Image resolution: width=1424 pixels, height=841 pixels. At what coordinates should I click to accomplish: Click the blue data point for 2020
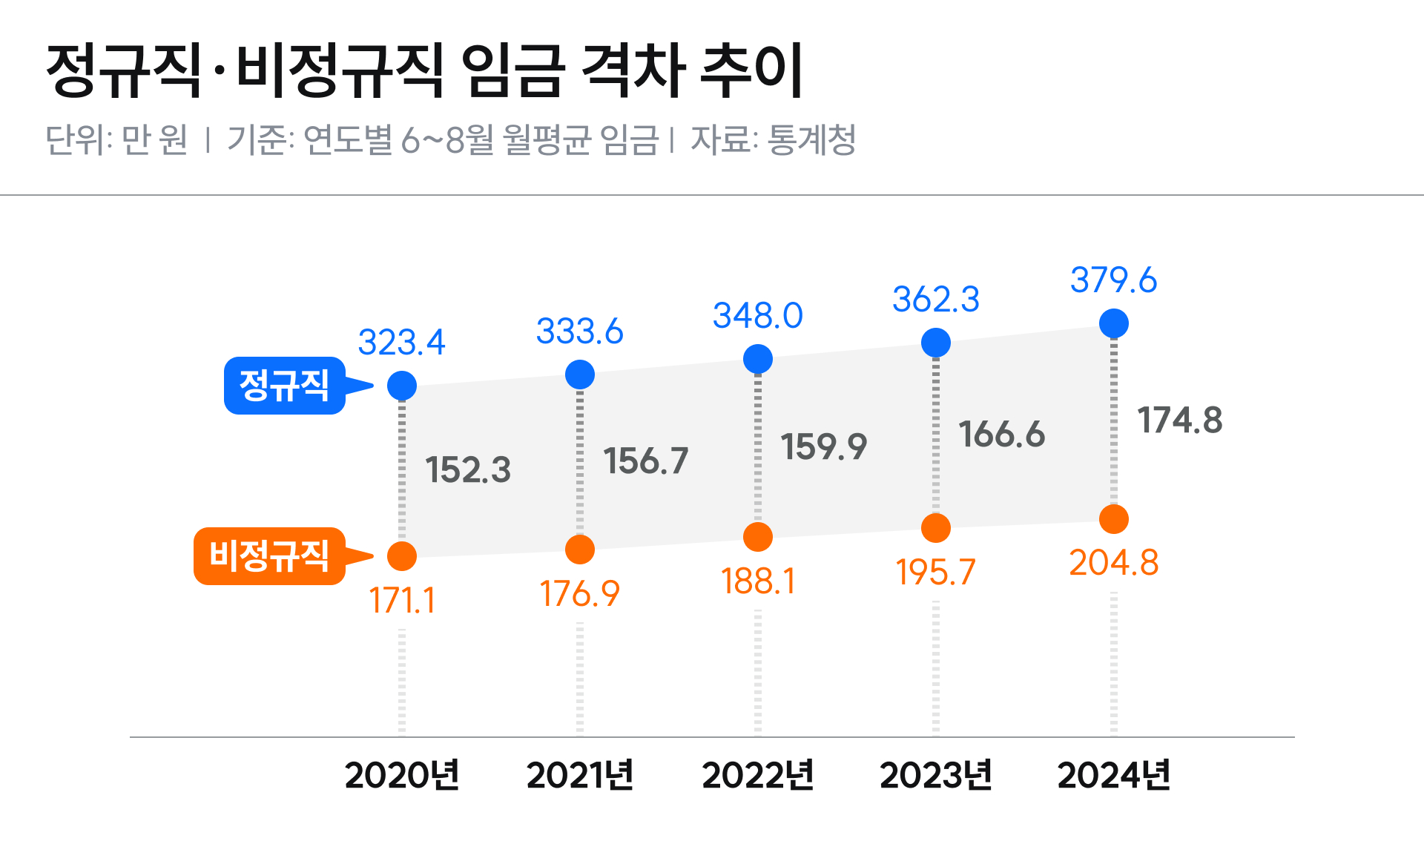pyautogui.click(x=402, y=386)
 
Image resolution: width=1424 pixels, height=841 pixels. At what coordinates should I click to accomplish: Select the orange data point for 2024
pyautogui.click(x=1114, y=519)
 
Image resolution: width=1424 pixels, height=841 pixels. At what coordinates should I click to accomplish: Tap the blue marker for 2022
pyautogui.click(x=758, y=359)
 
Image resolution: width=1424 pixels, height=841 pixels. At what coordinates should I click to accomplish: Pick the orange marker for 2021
pyautogui.click(x=580, y=550)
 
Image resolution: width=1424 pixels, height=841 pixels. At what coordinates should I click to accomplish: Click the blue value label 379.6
pyautogui.click(x=1113, y=280)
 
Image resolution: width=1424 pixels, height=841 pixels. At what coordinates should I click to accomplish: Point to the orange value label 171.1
pyautogui.click(x=402, y=600)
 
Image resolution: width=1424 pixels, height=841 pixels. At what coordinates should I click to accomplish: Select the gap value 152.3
pyautogui.click(x=468, y=469)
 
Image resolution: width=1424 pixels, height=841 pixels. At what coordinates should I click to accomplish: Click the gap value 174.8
pyautogui.click(x=1180, y=420)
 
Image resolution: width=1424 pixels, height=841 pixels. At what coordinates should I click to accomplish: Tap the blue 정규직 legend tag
pyautogui.click(x=285, y=386)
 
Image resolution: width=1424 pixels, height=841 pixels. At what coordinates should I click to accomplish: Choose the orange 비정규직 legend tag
pyautogui.click(x=269, y=555)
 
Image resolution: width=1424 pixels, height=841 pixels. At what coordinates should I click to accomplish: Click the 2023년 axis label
pyautogui.click(x=936, y=775)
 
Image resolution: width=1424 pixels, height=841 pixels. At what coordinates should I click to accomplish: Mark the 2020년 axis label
pyautogui.click(x=402, y=775)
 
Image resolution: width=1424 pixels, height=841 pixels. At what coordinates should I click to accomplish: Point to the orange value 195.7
pyautogui.click(x=936, y=572)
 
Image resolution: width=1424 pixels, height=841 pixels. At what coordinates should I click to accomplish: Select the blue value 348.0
pyautogui.click(x=758, y=316)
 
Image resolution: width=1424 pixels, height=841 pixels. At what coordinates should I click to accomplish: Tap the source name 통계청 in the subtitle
pyautogui.click(x=812, y=139)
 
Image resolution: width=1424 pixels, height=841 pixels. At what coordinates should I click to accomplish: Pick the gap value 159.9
pyautogui.click(x=824, y=446)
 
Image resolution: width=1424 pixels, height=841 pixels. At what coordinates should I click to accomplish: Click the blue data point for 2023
pyautogui.click(x=936, y=343)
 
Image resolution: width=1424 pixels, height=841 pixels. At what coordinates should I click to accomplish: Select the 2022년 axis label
pyautogui.click(x=758, y=775)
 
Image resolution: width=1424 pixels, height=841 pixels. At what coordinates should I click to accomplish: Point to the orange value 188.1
pyautogui.click(x=758, y=581)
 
